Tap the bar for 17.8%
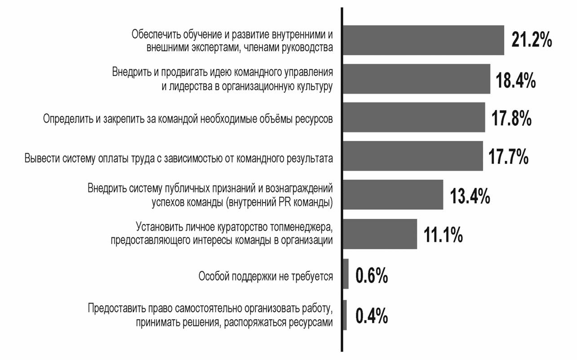click(x=414, y=117)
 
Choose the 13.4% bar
click(x=393, y=195)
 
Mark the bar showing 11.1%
click(x=380, y=234)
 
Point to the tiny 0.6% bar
click(x=346, y=274)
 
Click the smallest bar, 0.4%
click(x=345, y=315)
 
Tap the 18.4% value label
click(x=516, y=80)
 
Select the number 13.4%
click(x=470, y=196)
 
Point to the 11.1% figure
click(x=443, y=235)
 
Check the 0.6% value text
click(x=372, y=276)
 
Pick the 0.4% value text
click(x=372, y=316)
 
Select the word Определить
click(x=66, y=119)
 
